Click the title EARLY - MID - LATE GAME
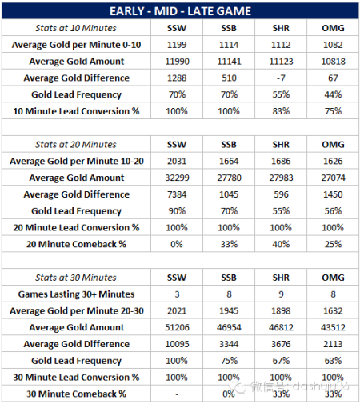pyautogui.click(x=180, y=11)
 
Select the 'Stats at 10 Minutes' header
pyautogui.click(x=76, y=28)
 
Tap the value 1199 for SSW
pyautogui.click(x=177, y=45)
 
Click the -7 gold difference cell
pyautogui.click(x=281, y=78)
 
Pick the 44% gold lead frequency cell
pyautogui.click(x=333, y=94)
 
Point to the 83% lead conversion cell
pyautogui.click(x=281, y=111)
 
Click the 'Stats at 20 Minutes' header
pyautogui.click(x=76, y=145)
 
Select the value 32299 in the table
pyautogui.click(x=177, y=178)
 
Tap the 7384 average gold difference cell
pyautogui.click(x=177, y=194)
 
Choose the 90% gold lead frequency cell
pyautogui.click(x=177, y=211)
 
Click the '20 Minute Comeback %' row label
pyautogui.click(x=76, y=244)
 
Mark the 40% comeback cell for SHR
pyautogui.click(x=281, y=244)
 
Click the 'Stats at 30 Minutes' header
pyautogui.click(x=76, y=278)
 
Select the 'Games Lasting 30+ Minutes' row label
pyautogui.click(x=76, y=294)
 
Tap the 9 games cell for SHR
pyautogui.click(x=281, y=294)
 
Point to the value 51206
pyautogui.click(x=177, y=327)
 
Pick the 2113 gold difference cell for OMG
pyautogui.click(x=333, y=344)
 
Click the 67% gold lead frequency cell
pyautogui.click(x=281, y=361)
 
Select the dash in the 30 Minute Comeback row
pyautogui.click(x=177, y=394)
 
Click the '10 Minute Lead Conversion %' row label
pyautogui.click(x=76, y=111)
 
